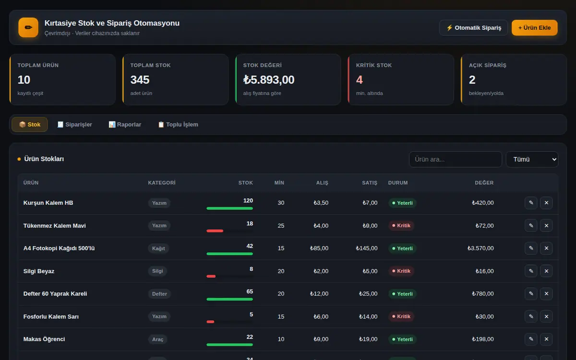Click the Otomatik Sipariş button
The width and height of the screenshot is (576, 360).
coord(473,28)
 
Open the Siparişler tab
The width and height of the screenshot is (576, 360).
coord(74,124)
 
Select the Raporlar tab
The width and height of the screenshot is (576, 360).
coord(125,124)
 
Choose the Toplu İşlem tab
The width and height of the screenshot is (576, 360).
coord(178,124)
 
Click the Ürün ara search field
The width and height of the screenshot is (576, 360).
coord(456,159)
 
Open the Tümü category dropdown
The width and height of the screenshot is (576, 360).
coord(532,159)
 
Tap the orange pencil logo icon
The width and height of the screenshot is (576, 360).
coord(28,27)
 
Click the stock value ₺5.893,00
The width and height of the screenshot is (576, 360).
coord(269,80)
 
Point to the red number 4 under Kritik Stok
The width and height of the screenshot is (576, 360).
coord(359,80)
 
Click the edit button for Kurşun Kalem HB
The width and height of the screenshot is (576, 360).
coord(531,203)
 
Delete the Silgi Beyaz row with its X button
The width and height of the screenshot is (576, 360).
coord(546,271)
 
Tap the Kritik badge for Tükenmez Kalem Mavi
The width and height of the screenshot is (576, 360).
coord(401,226)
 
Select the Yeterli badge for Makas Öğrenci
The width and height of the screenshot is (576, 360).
coord(402,339)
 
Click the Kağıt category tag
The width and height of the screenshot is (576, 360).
coord(158,249)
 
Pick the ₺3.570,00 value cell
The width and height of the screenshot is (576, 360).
coord(480,249)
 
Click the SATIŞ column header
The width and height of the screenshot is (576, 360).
coord(370,183)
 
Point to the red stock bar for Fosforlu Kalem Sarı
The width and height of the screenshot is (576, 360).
coord(210,322)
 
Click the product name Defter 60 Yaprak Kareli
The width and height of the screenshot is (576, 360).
coord(55,294)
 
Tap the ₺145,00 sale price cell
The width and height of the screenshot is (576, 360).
coord(367,249)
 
